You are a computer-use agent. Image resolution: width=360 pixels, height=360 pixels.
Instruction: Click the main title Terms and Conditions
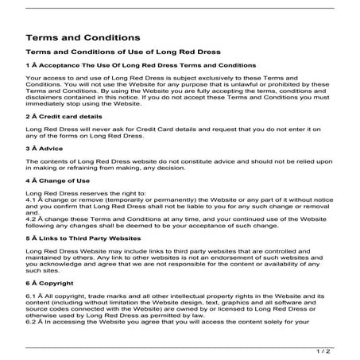(83, 37)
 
